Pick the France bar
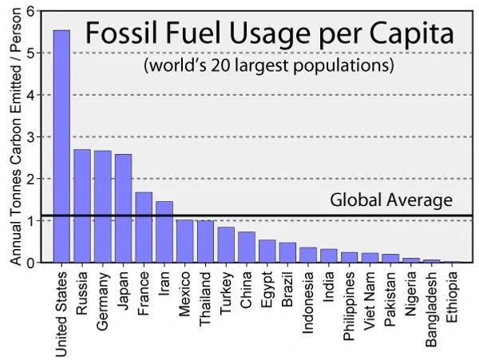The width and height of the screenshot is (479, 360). pyautogui.click(x=144, y=227)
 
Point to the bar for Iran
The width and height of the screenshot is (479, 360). pyautogui.click(x=164, y=232)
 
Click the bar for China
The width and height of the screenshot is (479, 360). pyautogui.click(x=247, y=247)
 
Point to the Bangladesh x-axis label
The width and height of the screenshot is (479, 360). pyautogui.click(x=432, y=309)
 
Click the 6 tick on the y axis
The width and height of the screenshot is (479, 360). pyautogui.click(x=33, y=11)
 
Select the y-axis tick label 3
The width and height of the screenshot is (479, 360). pyautogui.click(x=33, y=137)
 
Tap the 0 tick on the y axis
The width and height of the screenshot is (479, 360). pyautogui.click(x=33, y=263)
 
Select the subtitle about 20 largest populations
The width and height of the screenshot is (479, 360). pyautogui.click(x=269, y=65)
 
